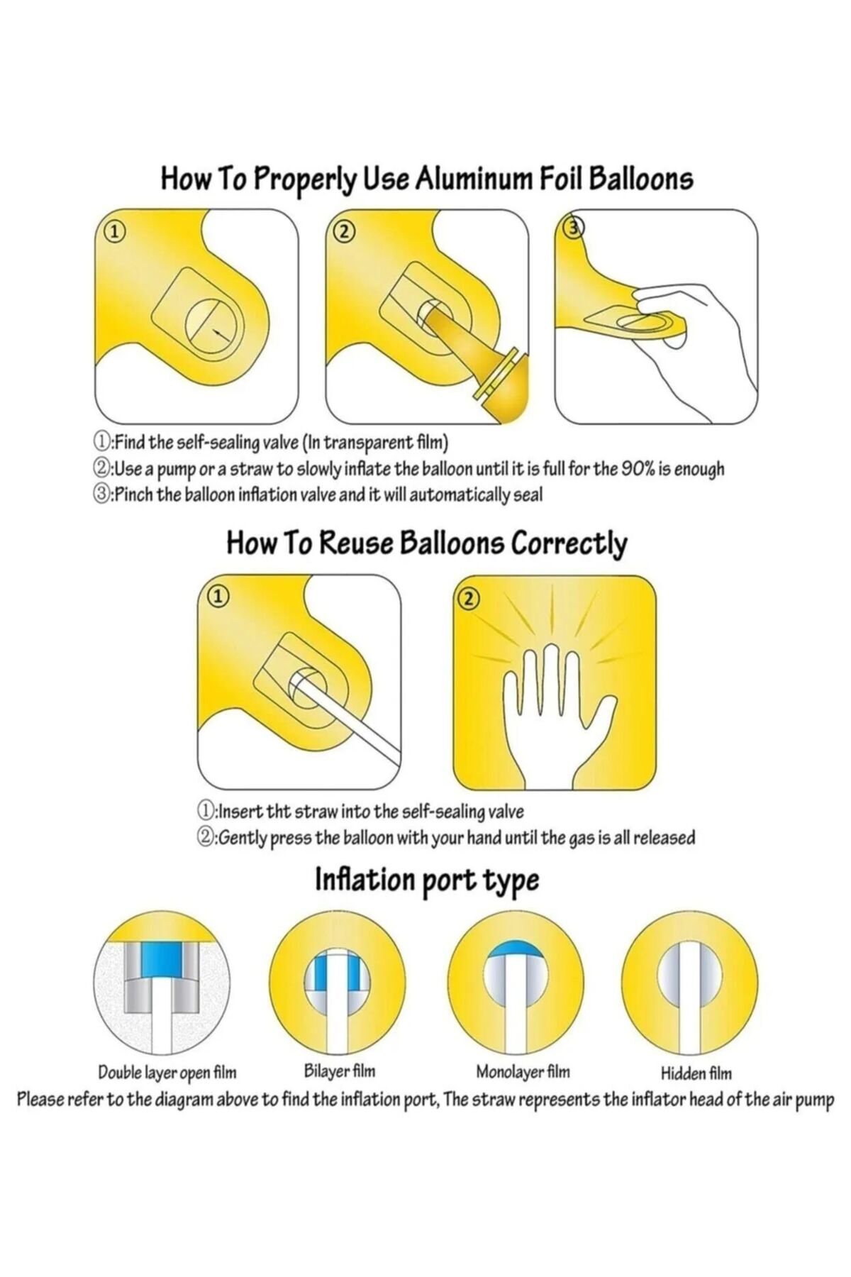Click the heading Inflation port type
click(x=426, y=880)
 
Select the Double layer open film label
click(x=167, y=1092)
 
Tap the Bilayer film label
click(x=339, y=1090)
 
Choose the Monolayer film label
click(x=523, y=1090)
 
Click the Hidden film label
click(x=696, y=1092)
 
